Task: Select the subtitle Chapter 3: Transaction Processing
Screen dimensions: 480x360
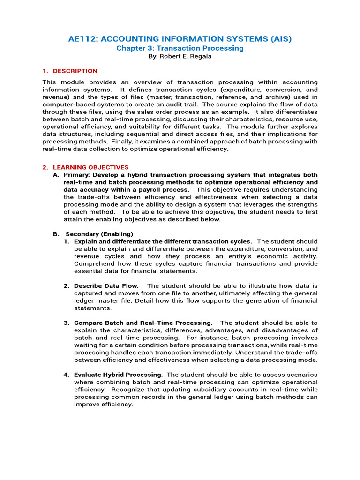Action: (180, 48)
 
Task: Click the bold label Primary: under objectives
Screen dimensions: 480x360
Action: (77, 175)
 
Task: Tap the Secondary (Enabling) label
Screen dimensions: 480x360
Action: (99, 234)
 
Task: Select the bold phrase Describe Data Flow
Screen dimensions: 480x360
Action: (106, 286)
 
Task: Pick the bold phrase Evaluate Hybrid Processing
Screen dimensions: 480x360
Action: (118, 375)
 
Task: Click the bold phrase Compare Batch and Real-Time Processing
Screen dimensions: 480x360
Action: (143, 323)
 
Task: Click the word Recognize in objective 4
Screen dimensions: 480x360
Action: (124, 390)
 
